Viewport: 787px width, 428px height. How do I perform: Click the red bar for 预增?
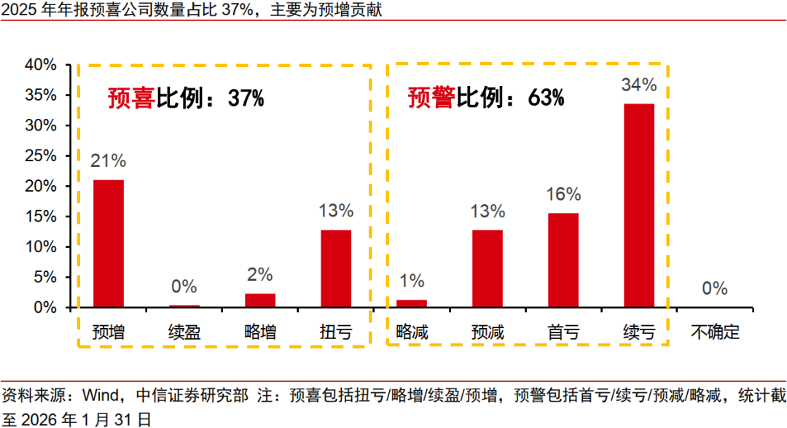[x=109, y=244]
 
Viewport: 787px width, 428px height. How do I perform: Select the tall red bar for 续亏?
[x=639, y=206]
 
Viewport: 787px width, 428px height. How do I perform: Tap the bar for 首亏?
[x=563, y=260]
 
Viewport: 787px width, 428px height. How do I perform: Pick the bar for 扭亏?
[x=336, y=269]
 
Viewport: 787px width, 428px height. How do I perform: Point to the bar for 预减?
[x=488, y=269]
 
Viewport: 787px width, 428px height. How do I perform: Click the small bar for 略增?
[x=260, y=300]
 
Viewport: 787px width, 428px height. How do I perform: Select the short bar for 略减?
[x=412, y=303]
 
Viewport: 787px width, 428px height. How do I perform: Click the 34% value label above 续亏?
[x=639, y=85]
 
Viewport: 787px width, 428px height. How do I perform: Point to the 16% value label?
[x=563, y=195]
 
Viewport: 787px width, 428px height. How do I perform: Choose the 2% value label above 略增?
[x=260, y=275]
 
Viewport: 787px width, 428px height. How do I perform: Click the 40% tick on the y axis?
[x=41, y=65]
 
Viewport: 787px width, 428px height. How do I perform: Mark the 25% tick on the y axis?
[x=41, y=156]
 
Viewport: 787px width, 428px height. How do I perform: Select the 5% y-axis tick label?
[x=45, y=277]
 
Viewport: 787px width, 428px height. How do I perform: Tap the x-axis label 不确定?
[x=715, y=333]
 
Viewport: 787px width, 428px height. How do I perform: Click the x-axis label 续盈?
[x=184, y=333]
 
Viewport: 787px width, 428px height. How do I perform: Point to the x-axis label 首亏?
[x=563, y=333]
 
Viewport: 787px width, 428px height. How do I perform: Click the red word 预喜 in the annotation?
[x=132, y=98]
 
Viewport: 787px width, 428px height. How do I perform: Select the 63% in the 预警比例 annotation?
[x=546, y=98]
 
